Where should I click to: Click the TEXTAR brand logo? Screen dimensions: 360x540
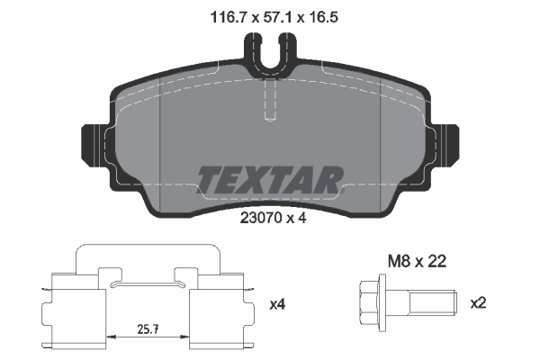click(x=269, y=180)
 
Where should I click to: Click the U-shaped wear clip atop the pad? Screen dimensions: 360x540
click(x=275, y=49)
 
